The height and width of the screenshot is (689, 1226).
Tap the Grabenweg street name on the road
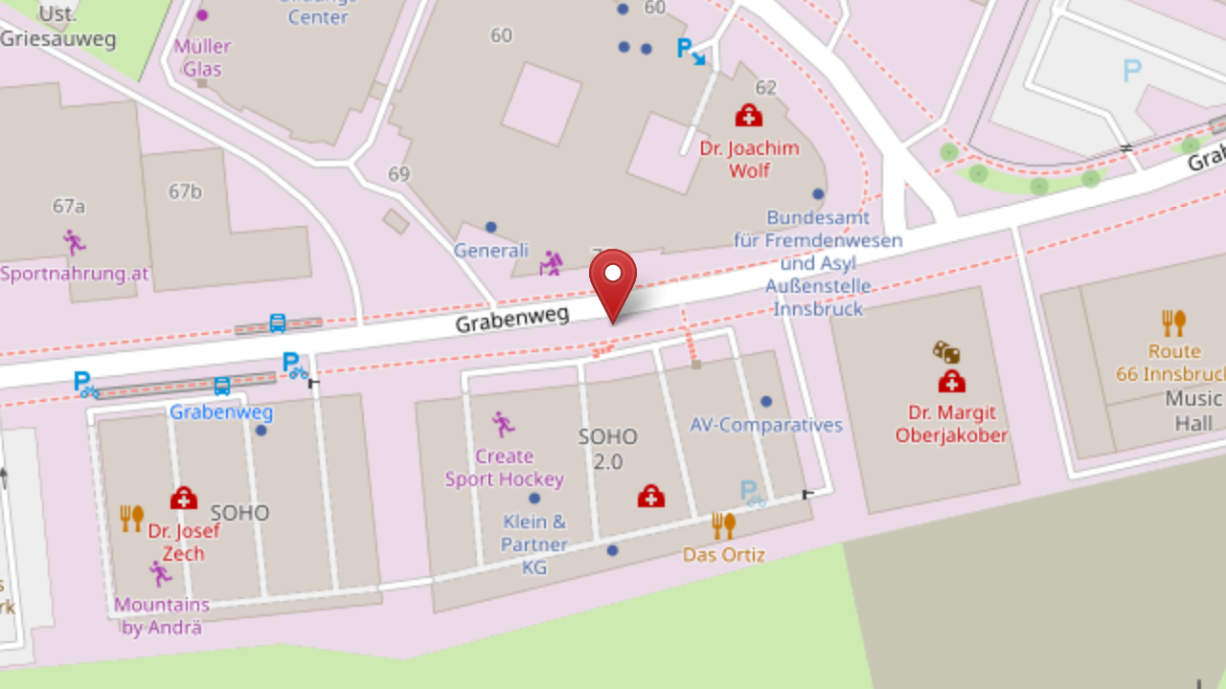click(x=511, y=317)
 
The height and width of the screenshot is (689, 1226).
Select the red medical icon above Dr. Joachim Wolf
click(x=748, y=116)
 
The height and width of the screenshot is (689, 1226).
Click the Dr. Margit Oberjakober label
click(x=951, y=424)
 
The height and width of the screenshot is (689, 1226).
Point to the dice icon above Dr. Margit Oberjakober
click(x=946, y=352)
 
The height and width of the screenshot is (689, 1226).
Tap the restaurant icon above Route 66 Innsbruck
click(x=1173, y=322)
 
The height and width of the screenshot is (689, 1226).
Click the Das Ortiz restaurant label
click(x=723, y=554)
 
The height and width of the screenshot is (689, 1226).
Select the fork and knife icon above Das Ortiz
click(x=723, y=525)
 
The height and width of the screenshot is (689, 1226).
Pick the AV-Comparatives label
click(x=766, y=425)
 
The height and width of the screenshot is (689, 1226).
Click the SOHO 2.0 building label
click(x=607, y=449)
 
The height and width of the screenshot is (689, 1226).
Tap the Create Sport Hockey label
click(x=504, y=468)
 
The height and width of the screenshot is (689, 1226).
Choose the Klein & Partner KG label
click(x=534, y=545)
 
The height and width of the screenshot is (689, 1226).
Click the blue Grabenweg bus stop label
click(x=221, y=412)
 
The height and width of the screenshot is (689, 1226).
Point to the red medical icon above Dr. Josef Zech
click(x=183, y=499)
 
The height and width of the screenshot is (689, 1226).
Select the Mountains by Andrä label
click(x=161, y=616)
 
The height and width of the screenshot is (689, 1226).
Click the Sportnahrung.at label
click(x=75, y=274)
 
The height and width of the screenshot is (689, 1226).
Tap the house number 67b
click(x=185, y=191)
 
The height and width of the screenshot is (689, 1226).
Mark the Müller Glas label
click(x=202, y=57)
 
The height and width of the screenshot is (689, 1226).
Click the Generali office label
click(x=490, y=251)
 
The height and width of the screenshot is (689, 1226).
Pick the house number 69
click(x=398, y=174)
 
